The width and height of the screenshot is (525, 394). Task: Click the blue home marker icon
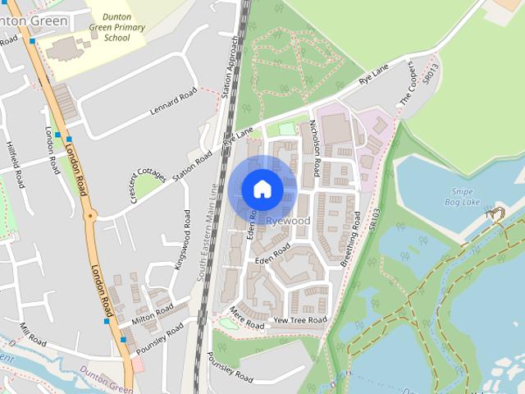262,190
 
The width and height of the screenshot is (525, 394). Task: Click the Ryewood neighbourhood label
288,221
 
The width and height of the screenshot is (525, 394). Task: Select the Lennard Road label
173,101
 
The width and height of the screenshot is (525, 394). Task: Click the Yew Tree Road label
299,319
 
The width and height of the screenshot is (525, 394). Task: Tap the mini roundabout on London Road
91,215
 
